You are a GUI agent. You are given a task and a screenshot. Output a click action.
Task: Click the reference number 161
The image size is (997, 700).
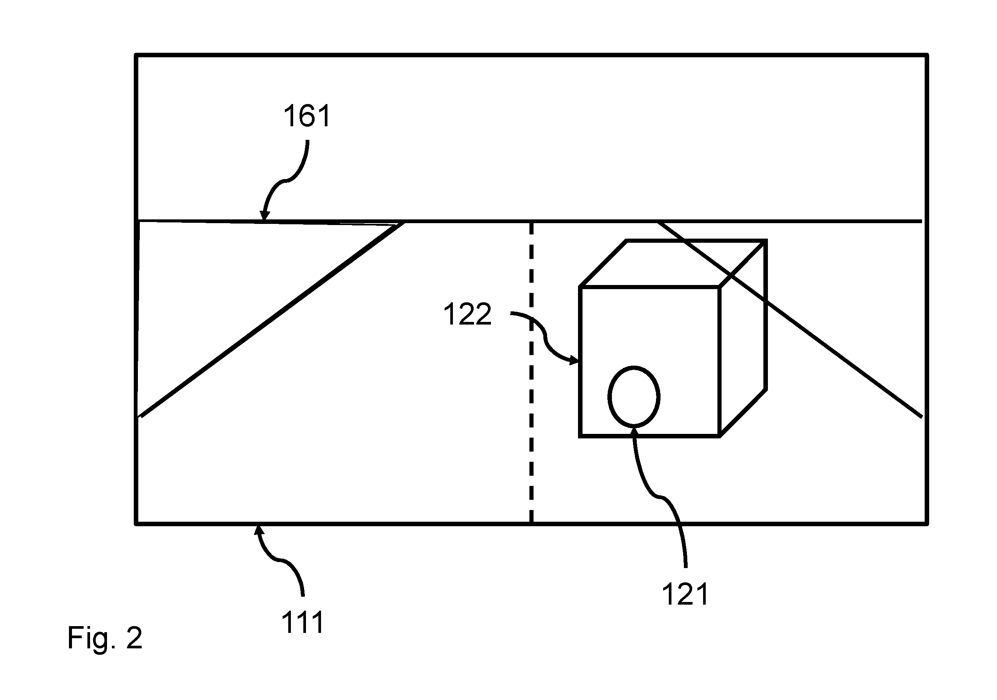click(x=307, y=116)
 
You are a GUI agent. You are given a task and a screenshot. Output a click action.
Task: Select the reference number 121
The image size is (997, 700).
click(x=685, y=594)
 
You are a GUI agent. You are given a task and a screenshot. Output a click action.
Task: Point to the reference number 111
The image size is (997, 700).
click(x=303, y=622)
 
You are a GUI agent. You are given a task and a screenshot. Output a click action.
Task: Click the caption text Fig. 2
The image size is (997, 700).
click(x=105, y=637)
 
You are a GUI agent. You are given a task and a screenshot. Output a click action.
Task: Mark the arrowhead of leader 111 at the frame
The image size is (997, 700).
click(x=258, y=530)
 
